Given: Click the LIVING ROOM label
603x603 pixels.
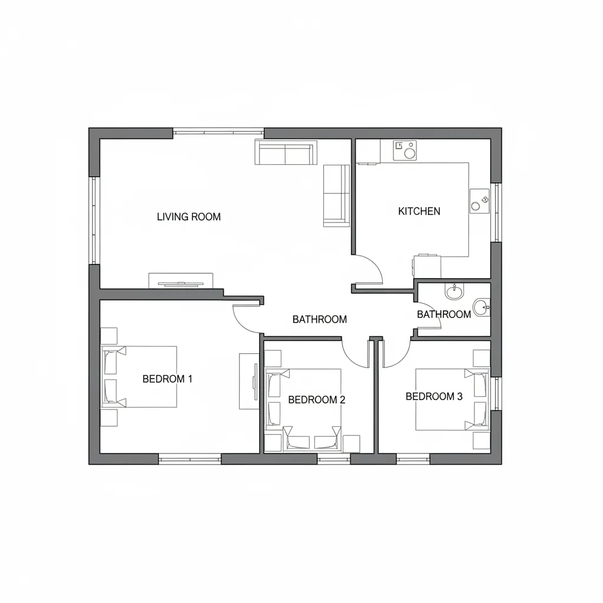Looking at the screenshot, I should [x=188, y=217].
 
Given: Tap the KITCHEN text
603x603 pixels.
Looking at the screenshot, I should [x=419, y=211].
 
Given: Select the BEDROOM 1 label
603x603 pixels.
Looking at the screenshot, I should [x=167, y=379].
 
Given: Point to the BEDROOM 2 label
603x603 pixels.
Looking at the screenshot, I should [x=316, y=399].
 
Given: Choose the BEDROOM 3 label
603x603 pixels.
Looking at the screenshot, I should [x=434, y=396].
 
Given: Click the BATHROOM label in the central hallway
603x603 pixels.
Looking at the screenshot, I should [x=319, y=319].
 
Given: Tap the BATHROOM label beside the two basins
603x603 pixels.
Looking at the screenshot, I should [x=443, y=314].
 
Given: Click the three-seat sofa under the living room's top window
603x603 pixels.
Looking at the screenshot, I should [x=284, y=153].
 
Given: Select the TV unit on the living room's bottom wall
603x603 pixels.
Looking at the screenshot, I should [x=180, y=280].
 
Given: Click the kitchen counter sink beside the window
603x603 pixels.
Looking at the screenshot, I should [x=479, y=201].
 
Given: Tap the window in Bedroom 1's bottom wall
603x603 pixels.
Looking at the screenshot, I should [x=190, y=458].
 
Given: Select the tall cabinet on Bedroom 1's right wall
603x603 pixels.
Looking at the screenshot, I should [x=248, y=381].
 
